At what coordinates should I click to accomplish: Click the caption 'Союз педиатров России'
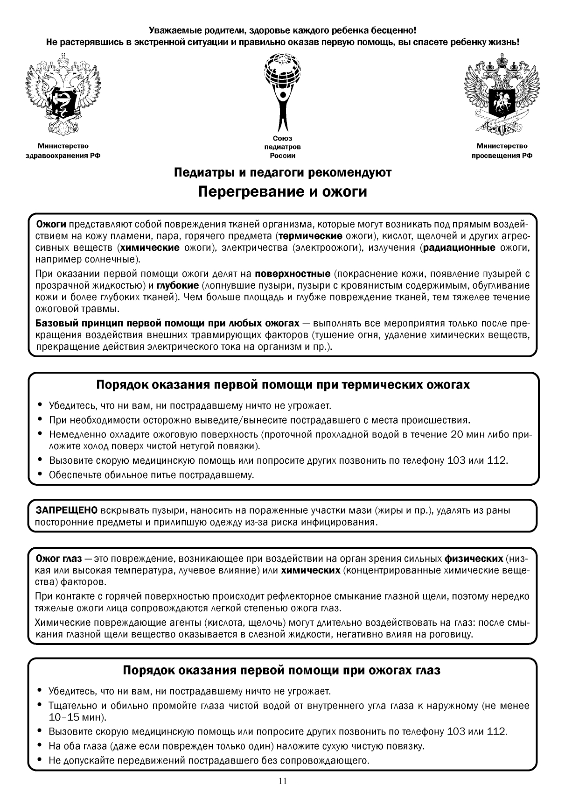(x=282, y=147)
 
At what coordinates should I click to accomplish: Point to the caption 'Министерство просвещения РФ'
(x=502, y=151)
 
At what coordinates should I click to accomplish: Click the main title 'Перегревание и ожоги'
(x=282, y=192)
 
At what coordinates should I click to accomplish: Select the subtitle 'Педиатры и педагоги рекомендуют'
(x=282, y=172)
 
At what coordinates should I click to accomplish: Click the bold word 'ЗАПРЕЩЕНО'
(x=67, y=510)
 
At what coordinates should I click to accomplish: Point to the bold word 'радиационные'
(x=460, y=248)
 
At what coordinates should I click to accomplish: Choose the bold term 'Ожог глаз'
(x=59, y=559)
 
